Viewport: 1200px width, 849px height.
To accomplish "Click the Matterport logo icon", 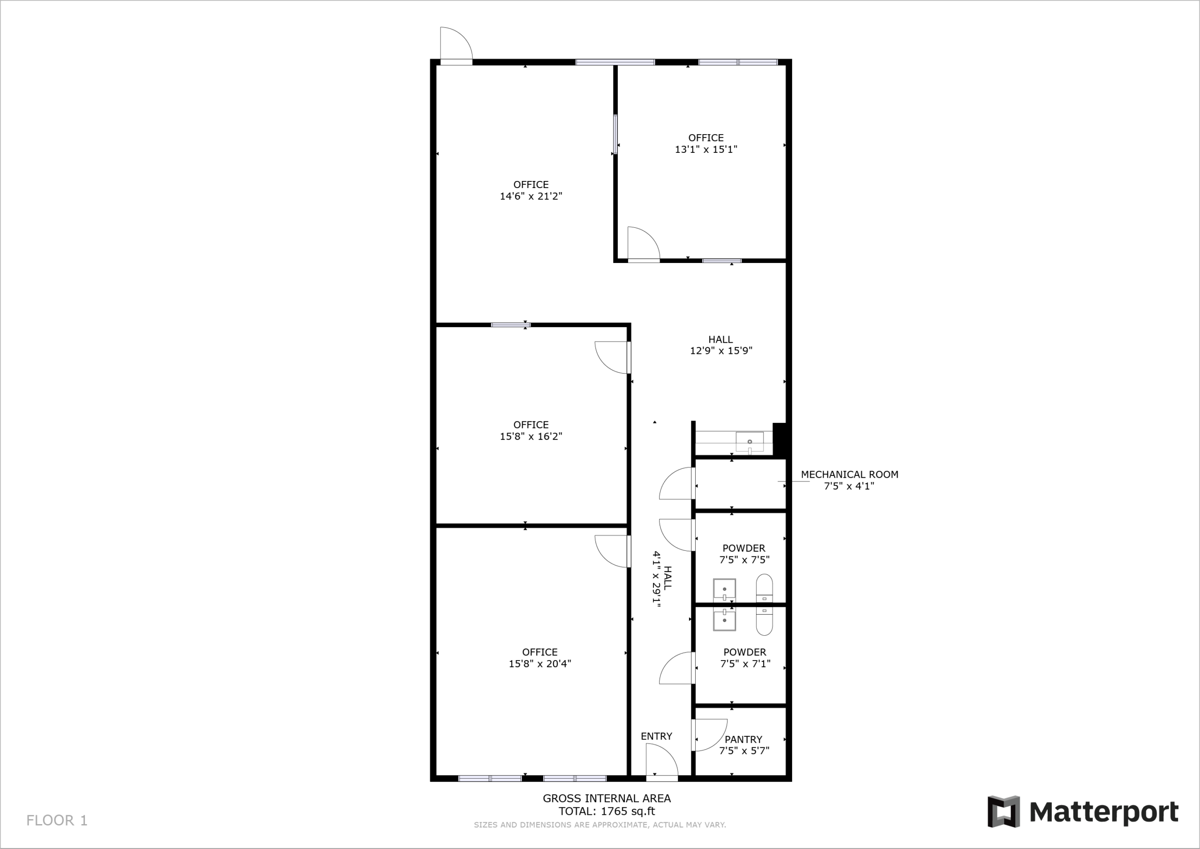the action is point(1003,811).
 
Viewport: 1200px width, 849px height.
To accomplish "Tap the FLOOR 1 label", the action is point(57,820).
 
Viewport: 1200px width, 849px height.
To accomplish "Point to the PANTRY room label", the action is point(743,739).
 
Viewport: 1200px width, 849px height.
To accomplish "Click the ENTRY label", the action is point(656,736).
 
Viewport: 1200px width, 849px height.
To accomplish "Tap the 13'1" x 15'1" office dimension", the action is point(706,149).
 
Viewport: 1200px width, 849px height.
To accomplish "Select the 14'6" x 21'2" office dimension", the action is point(531,196).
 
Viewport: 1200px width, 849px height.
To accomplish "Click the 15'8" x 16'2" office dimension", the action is point(531,436).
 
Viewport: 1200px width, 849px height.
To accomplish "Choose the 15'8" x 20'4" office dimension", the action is point(540,663).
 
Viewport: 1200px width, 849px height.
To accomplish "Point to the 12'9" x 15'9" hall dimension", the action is point(721,350).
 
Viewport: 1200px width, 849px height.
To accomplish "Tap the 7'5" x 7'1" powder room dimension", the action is point(745,663).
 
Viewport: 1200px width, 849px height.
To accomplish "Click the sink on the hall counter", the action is point(750,442).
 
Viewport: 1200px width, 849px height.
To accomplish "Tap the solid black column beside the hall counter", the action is point(779,439).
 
